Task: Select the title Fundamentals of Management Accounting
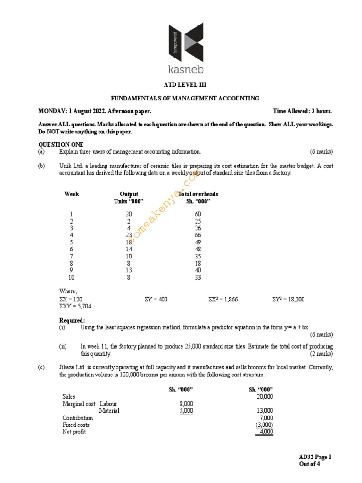click(x=185, y=98)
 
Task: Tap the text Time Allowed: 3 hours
click(x=302, y=111)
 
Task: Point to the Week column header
click(x=71, y=194)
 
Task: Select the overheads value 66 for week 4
click(x=197, y=235)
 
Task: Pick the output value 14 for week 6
click(x=129, y=249)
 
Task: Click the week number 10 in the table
click(x=72, y=277)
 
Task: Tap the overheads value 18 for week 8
click(x=197, y=263)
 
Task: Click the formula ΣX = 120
click(x=71, y=300)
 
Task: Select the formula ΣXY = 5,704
click(x=75, y=307)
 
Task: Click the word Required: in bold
click(x=72, y=320)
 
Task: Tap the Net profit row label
click(x=74, y=432)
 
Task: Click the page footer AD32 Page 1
click(x=315, y=457)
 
